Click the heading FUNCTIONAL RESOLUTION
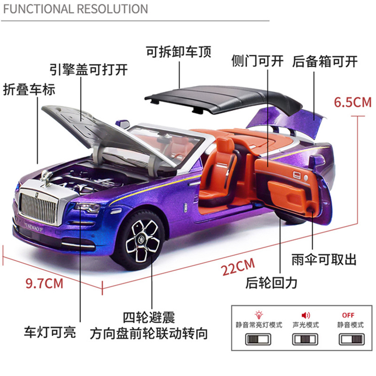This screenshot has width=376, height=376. coord(74,8)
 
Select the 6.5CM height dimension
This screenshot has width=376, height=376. coord(352,102)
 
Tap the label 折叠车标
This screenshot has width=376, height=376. coord(29,89)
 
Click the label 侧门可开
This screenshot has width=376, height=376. coord(258,61)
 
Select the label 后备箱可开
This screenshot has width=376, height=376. coord(325,61)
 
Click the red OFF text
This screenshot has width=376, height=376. coord(348,315)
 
